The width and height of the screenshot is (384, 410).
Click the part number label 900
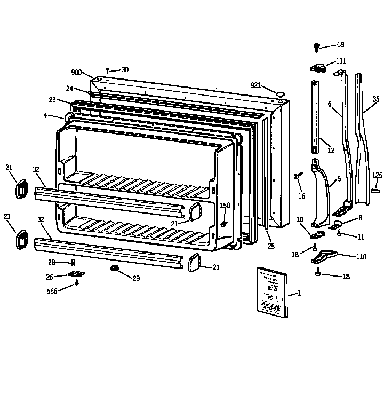coord(76,73)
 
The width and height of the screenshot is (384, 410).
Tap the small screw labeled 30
coord(108,70)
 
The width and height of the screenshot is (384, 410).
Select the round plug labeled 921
coord(278,94)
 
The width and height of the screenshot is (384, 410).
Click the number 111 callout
coord(341,61)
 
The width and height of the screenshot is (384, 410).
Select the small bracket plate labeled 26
coord(77,274)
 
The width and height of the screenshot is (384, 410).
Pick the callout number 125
coord(377,175)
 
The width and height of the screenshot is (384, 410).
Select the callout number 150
coord(225,206)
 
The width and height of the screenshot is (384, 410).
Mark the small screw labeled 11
coord(340,234)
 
